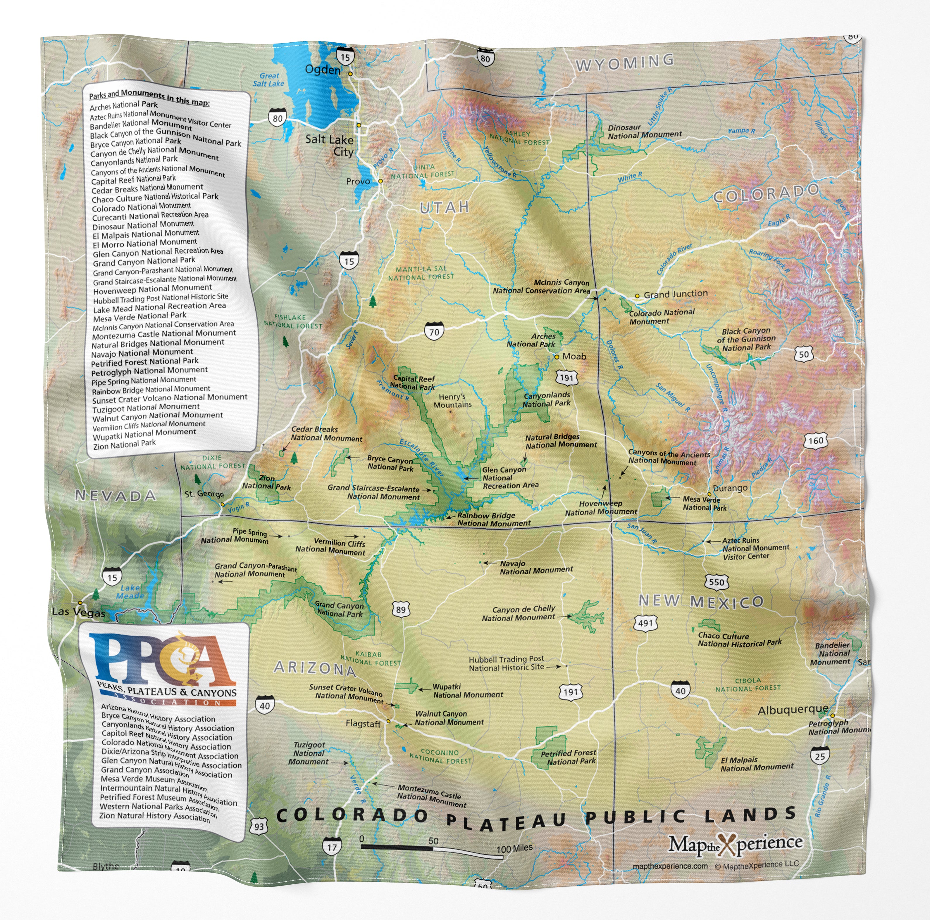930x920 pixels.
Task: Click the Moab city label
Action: [x=574, y=356]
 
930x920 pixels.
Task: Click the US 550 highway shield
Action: [x=716, y=582]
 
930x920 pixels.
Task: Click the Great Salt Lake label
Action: [x=268, y=80]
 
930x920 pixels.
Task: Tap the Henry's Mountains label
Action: [x=452, y=401]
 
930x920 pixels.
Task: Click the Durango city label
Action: [x=730, y=488]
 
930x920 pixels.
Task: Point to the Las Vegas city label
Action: [x=78, y=613]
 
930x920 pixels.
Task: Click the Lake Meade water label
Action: [x=130, y=592]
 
